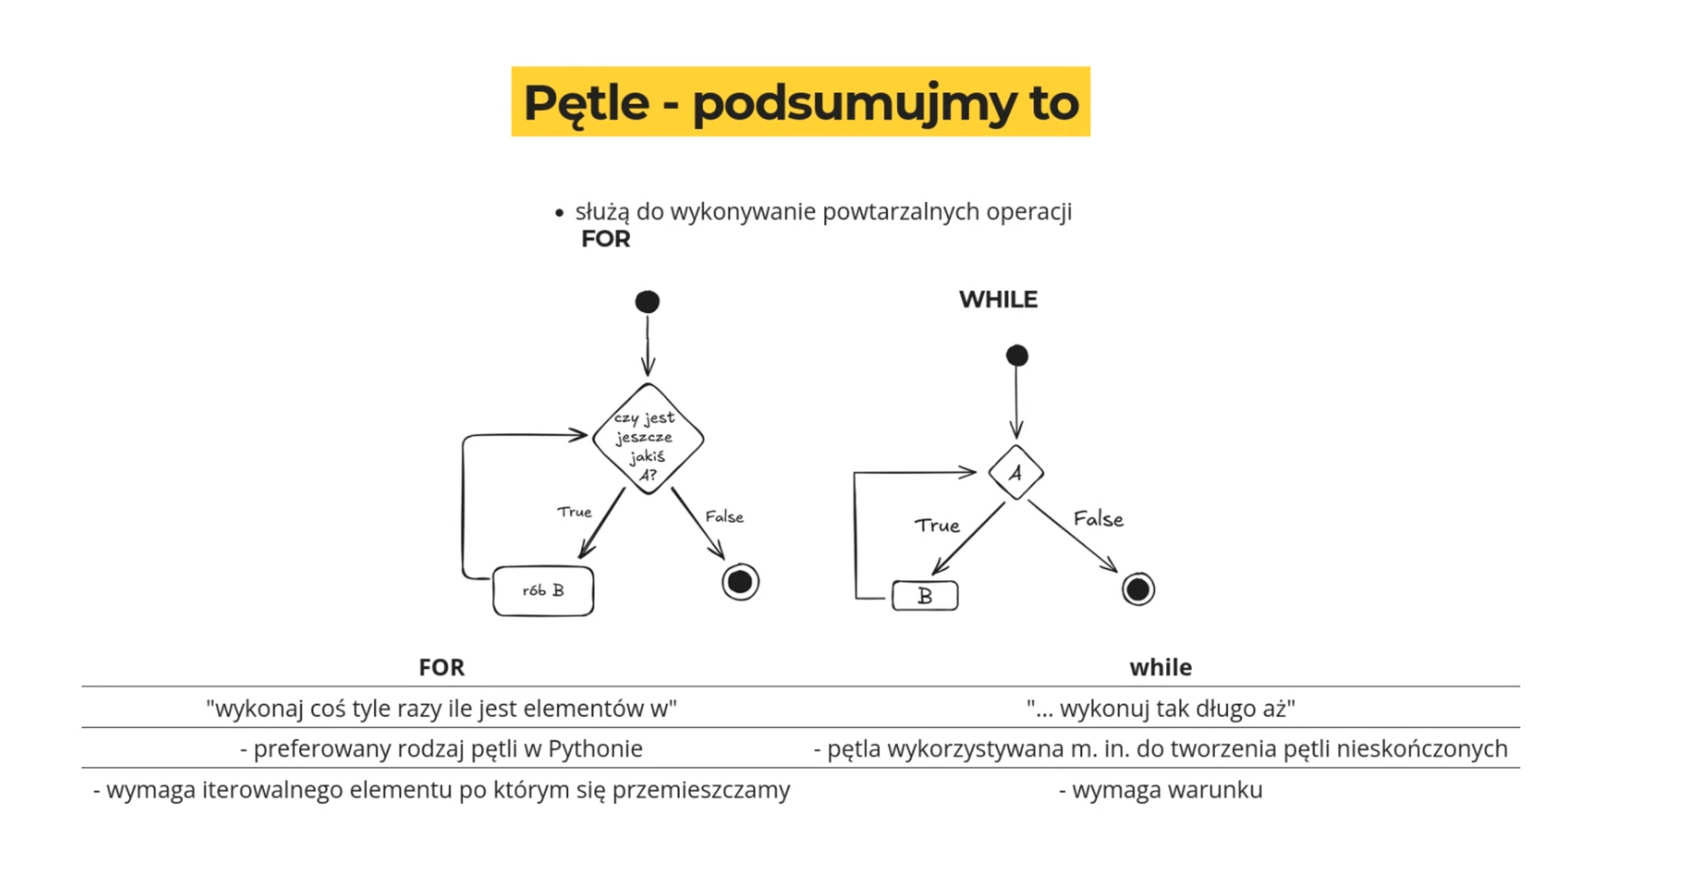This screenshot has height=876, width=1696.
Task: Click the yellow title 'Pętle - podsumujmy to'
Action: [x=801, y=102]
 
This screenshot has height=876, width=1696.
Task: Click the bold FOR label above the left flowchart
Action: [x=605, y=239]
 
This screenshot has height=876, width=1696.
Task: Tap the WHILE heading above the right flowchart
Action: [x=998, y=299]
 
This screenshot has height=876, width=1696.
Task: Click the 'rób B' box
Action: [x=543, y=590]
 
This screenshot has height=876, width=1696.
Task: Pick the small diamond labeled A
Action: [x=1015, y=472]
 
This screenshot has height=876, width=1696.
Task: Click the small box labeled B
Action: [x=925, y=596]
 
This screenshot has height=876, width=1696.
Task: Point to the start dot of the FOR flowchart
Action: [x=647, y=302]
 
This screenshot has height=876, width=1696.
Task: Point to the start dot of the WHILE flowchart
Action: [x=1017, y=355]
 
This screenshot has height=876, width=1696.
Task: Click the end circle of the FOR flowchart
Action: [x=740, y=582]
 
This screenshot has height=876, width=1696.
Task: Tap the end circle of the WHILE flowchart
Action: [x=1138, y=589]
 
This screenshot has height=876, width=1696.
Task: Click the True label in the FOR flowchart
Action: [x=574, y=512]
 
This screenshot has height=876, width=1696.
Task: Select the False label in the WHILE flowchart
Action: [x=1098, y=518]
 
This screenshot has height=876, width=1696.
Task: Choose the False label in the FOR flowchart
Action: [x=724, y=516]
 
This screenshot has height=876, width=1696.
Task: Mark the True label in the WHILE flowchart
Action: [x=937, y=526]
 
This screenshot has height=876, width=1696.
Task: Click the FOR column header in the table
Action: [x=441, y=667]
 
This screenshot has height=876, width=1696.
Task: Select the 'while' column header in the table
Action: [x=1160, y=667]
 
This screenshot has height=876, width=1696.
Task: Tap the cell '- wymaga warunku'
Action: [x=1160, y=790]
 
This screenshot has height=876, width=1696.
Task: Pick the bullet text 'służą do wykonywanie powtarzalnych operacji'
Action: [x=823, y=212]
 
